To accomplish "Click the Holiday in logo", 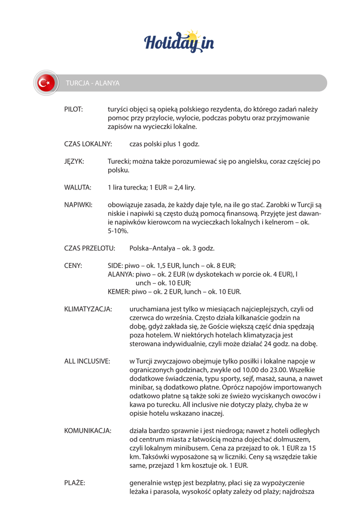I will click(179, 41).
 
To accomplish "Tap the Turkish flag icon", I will click(46, 83).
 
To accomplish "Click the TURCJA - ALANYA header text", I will click(93, 83).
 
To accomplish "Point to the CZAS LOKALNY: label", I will click(88, 144).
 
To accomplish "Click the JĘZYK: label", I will click(74, 162).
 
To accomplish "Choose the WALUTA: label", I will click(77, 188).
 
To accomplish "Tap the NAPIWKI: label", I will click(78, 205).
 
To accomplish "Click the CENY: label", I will click(73, 265).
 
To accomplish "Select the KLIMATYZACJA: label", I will click(88, 309).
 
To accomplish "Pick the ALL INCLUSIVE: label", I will click(87, 361).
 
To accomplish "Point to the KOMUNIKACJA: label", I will click(88, 431).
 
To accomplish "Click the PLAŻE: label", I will click(74, 483).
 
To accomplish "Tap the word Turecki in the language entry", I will click(120, 162).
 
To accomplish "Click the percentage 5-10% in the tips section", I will click(118, 231).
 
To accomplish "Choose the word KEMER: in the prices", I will click(119, 292).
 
